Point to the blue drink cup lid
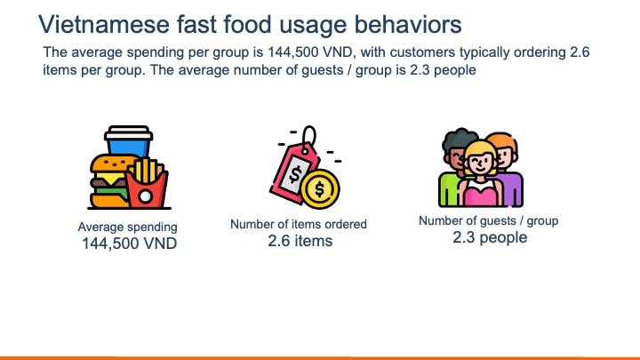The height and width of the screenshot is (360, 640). (129, 134)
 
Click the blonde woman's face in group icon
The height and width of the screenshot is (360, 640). (481, 160)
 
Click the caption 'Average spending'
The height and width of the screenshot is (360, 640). (128, 227)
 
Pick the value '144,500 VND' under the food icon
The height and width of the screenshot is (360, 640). (129, 242)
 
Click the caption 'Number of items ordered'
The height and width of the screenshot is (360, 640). (299, 224)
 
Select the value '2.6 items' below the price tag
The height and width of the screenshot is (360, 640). (300, 240)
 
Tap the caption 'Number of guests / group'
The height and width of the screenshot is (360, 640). (488, 220)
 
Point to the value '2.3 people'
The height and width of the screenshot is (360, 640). (489, 237)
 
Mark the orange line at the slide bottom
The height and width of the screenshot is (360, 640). (320, 357)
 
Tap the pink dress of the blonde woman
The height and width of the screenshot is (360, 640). (481, 191)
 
